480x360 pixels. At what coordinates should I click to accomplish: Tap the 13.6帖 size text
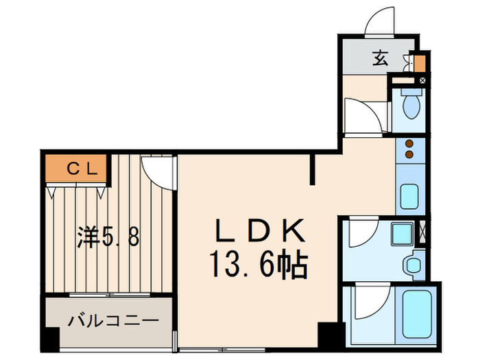click(259, 263)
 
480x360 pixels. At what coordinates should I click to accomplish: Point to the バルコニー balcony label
click(113, 320)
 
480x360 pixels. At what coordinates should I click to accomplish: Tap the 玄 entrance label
click(381, 59)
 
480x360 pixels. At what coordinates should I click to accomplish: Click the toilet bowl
click(411, 105)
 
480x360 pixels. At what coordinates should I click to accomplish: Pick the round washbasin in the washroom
click(412, 264)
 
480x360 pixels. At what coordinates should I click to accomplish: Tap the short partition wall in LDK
click(313, 170)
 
